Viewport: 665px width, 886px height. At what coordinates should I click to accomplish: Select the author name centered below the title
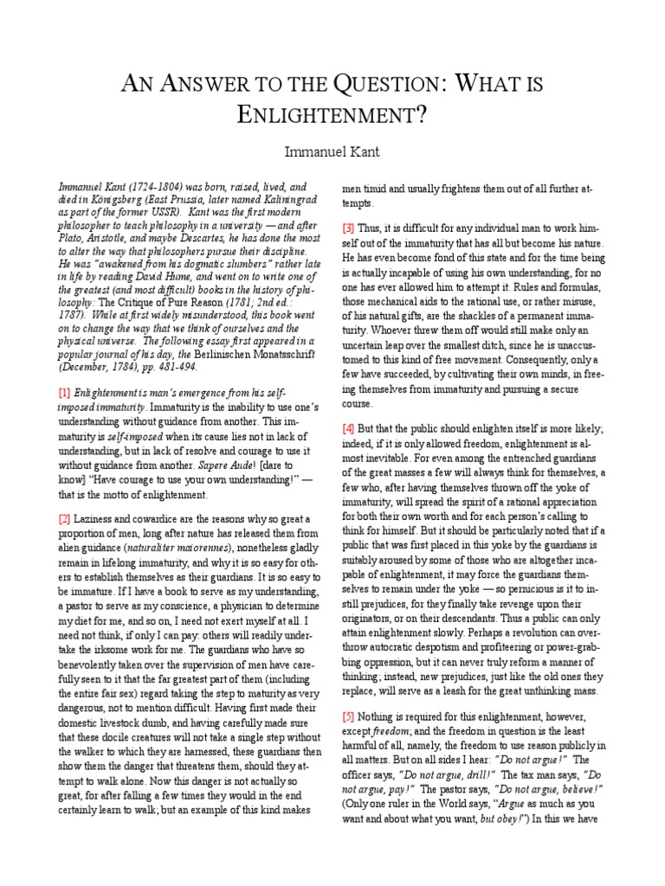point(332,153)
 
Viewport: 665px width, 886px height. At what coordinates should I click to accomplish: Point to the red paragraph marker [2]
point(64,518)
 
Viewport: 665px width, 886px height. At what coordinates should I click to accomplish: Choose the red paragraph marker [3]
point(348,228)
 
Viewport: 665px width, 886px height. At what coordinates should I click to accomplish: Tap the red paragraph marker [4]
point(348,427)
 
